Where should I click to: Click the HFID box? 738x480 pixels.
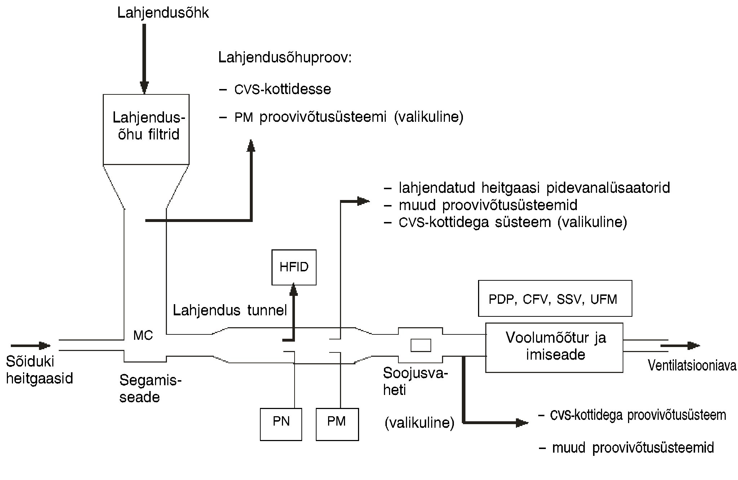pos(294,267)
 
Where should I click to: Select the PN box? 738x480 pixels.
pos(281,424)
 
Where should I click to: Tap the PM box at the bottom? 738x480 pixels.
pos(337,424)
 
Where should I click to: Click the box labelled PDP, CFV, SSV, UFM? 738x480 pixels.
pos(555,298)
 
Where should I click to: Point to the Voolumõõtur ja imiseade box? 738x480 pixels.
pos(554,347)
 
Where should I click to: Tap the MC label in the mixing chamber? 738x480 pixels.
pos(143,335)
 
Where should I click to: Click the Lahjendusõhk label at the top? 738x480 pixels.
pos(163,13)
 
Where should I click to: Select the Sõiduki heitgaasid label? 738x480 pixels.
pos(40,370)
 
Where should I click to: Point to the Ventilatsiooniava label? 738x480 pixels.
pos(692,365)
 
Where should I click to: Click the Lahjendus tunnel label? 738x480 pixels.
pos(230,310)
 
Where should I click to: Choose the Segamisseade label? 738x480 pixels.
pos(150,388)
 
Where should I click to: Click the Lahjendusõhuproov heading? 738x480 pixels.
pos(285,58)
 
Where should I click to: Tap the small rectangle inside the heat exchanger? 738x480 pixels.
pos(421,346)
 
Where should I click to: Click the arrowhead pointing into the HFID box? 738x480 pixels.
pos(294,289)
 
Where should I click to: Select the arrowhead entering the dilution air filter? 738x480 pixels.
pos(144,88)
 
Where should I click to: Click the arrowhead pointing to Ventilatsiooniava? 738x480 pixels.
pos(693,346)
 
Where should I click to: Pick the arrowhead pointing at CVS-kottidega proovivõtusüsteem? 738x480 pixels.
pos(522,422)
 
